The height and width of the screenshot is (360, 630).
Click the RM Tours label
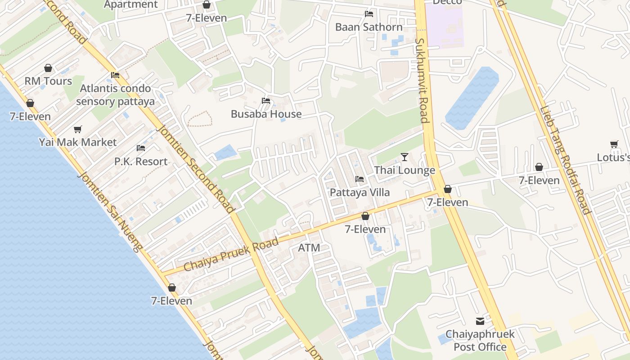pos(48,81)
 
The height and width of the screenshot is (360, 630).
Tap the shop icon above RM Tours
pos(48,68)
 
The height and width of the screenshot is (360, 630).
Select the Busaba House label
pos(266,114)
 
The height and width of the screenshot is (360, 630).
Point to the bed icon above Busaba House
pos(266,101)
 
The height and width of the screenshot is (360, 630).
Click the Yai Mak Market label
pos(78,142)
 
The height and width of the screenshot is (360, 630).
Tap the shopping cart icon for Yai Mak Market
pos(78,130)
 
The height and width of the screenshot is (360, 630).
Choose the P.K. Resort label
pos(141,161)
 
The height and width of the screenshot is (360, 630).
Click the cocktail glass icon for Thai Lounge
pos(405,157)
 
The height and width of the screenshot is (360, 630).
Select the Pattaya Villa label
pos(360,192)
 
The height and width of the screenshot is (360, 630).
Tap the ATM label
pos(309,247)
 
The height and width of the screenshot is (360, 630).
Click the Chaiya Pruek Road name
pos(231,255)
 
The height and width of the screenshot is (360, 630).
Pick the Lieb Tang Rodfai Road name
pos(565,160)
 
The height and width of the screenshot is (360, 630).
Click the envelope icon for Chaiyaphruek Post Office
pos(480,321)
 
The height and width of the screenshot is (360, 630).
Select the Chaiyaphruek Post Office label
pos(480,341)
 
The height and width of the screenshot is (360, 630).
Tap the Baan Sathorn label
pos(369,27)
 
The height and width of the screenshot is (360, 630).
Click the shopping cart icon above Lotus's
pos(614,144)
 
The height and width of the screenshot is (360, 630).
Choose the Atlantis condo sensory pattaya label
pos(115,94)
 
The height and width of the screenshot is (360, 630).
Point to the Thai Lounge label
pos(405,170)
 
